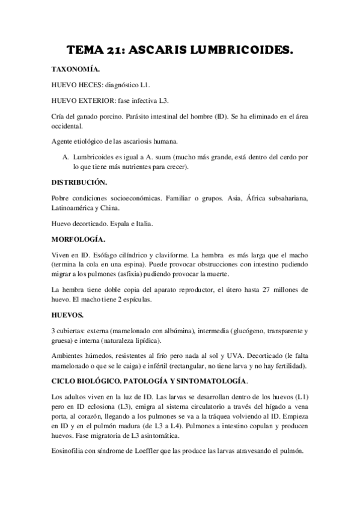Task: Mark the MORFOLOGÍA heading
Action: [x=79, y=239]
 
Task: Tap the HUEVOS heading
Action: [x=69, y=315]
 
